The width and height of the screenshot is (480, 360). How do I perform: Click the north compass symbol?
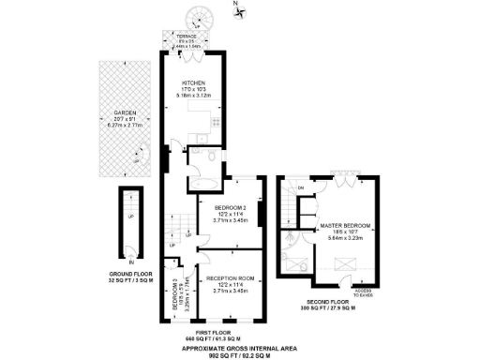coord(237,11)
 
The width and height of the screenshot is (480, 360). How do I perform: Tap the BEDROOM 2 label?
coord(229,207)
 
